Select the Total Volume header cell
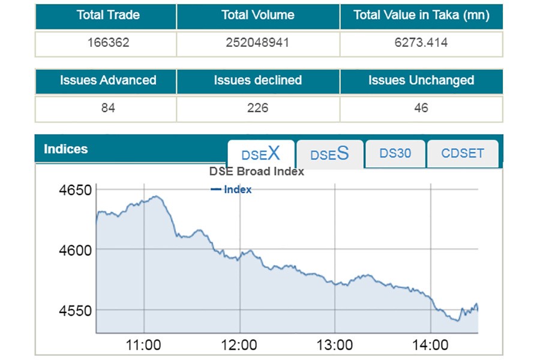[258, 16]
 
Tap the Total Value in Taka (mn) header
[421, 16]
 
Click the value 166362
[108, 43]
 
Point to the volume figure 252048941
[258, 43]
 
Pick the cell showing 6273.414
[421, 43]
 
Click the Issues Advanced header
[108, 80]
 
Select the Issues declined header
[258, 80]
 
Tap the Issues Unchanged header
[421, 80]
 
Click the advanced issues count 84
[108, 108]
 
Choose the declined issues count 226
[258, 108]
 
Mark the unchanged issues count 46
[421, 108]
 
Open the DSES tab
[329, 154]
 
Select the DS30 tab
[395, 154]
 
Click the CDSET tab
[463, 154]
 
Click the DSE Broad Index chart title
[257, 172]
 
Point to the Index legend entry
[232, 190]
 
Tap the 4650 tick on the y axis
[75, 191]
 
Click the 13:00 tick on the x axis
[335, 345]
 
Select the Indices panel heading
[66, 149]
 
